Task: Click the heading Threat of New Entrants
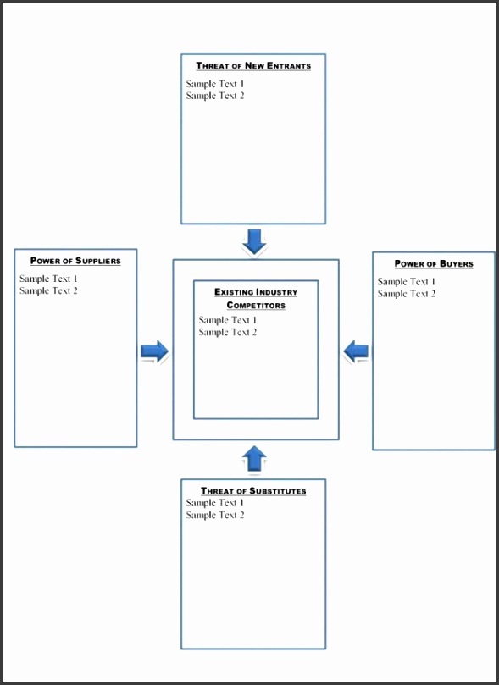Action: pyautogui.click(x=253, y=66)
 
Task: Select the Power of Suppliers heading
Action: pyautogui.click(x=75, y=261)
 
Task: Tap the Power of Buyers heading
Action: pyautogui.click(x=434, y=264)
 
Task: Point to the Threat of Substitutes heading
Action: pyautogui.click(x=253, y=491)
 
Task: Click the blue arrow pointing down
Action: pyautogui.click(x=254, y=240)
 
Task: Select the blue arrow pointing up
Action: pyautogui.click(x=254, y=459)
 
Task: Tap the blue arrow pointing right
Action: pyautogui.click(x=154, y=351)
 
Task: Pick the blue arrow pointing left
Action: pyautogui.click(x=357, y=351)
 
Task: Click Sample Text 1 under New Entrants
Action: pyautogui.click(x=215, y=84)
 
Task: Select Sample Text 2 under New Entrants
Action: pyautogui.click(x=215, y=96)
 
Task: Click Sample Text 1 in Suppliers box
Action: pyautogui.click(x=48, y=279)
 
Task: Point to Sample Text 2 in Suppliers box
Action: pyautogui.click(x=48, y=290)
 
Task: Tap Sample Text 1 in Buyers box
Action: pyautogui.click(x=407, y=282)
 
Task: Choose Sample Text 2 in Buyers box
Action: pyautogui.click(x=407, y=294)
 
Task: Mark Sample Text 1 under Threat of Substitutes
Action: pyautogui.click(x=215, y=503)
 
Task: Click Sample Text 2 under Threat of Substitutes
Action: pyautogui.click(x=215, y=515)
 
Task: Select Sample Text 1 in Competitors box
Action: pyautogui.click(x=228, y=320)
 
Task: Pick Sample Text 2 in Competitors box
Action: pyautogui.click(x=228, y=332)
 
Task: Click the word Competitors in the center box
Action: pyautogui.click(x=256, y=305)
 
